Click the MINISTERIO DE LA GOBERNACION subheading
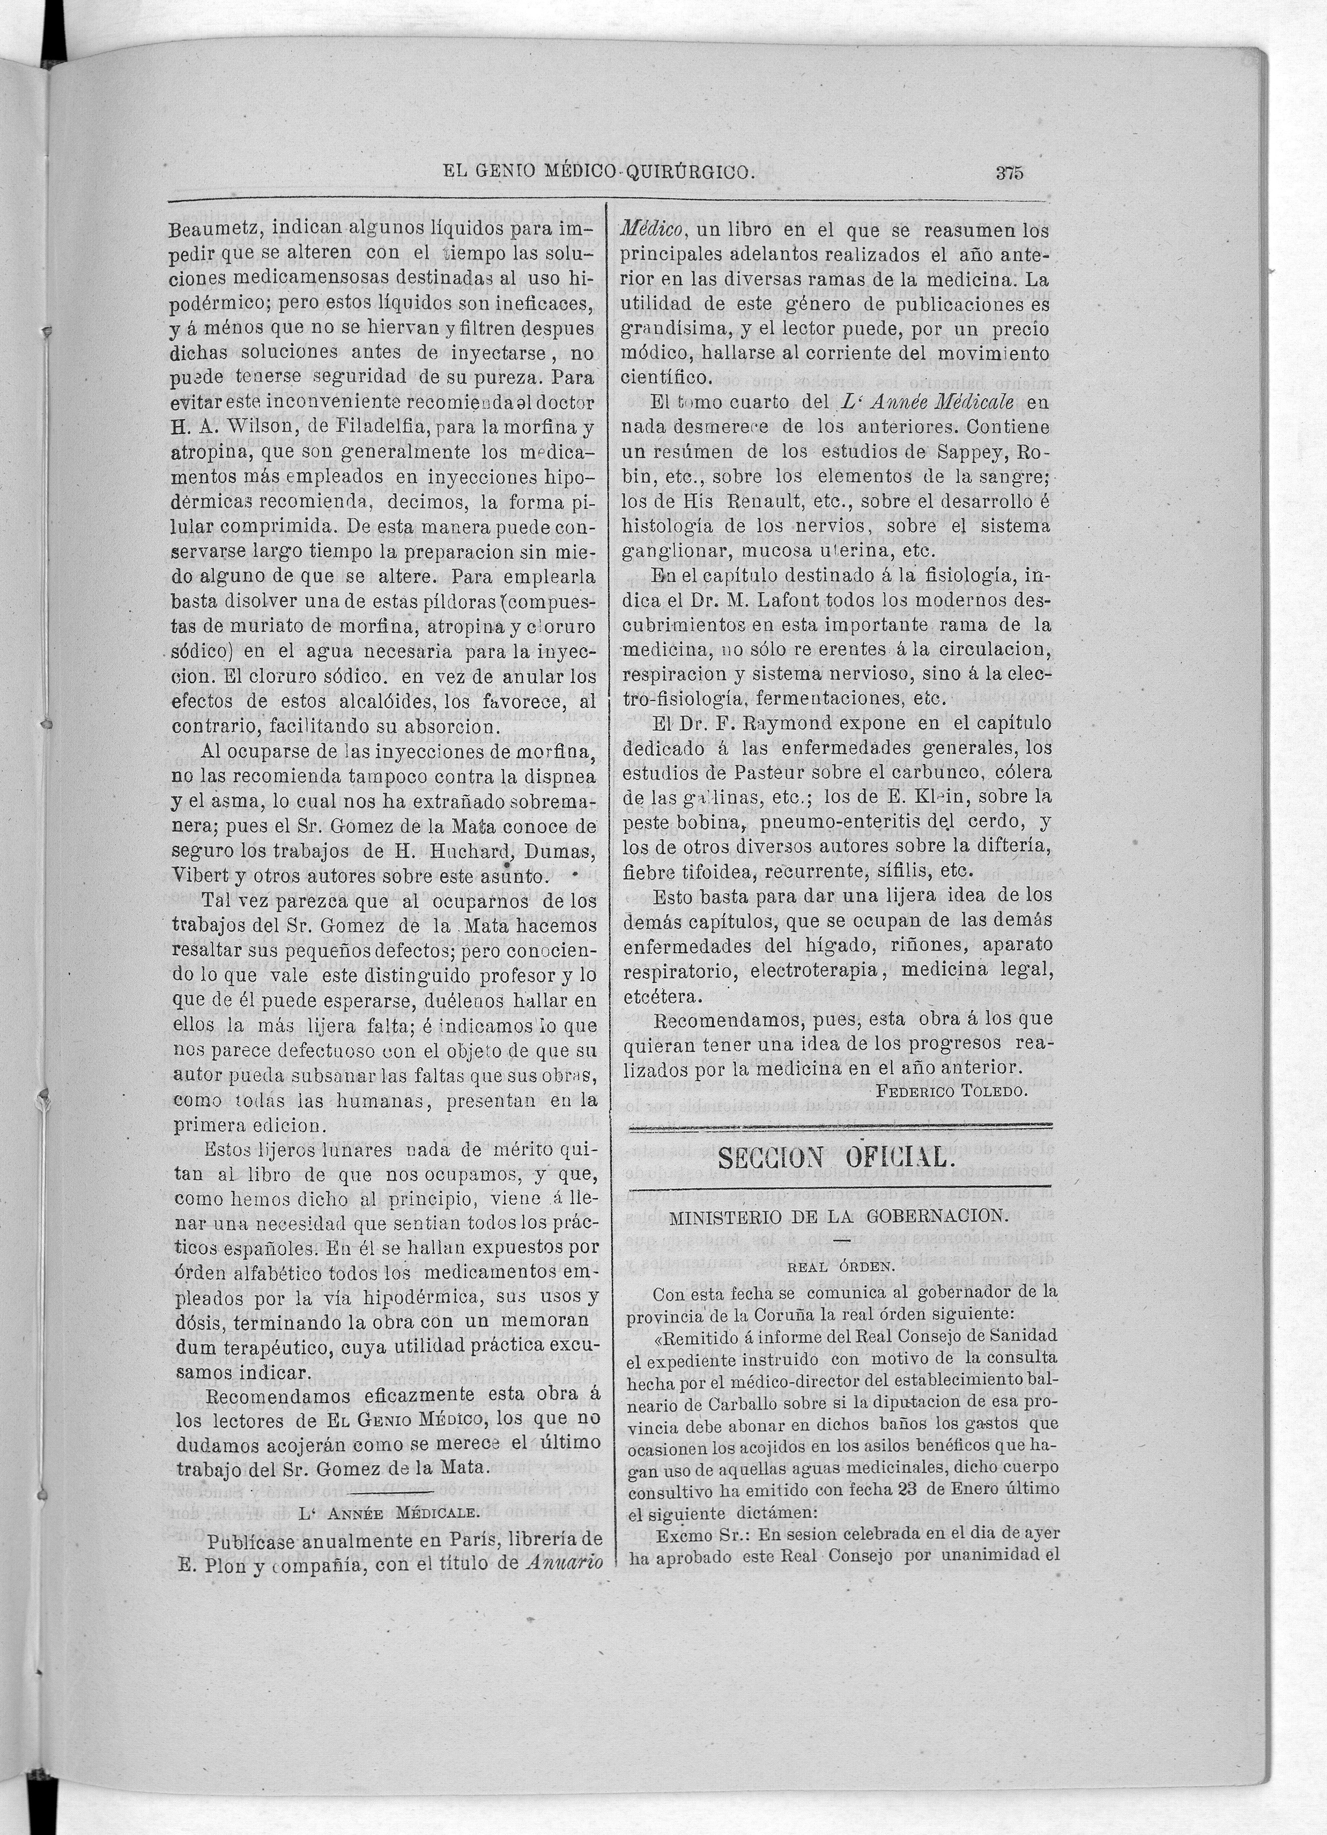point(839,1215)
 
